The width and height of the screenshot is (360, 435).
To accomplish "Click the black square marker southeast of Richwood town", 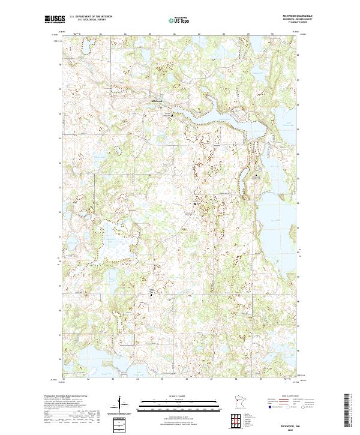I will [x=173, y=114].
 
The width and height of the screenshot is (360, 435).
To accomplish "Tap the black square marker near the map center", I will [x=194, y=204].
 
